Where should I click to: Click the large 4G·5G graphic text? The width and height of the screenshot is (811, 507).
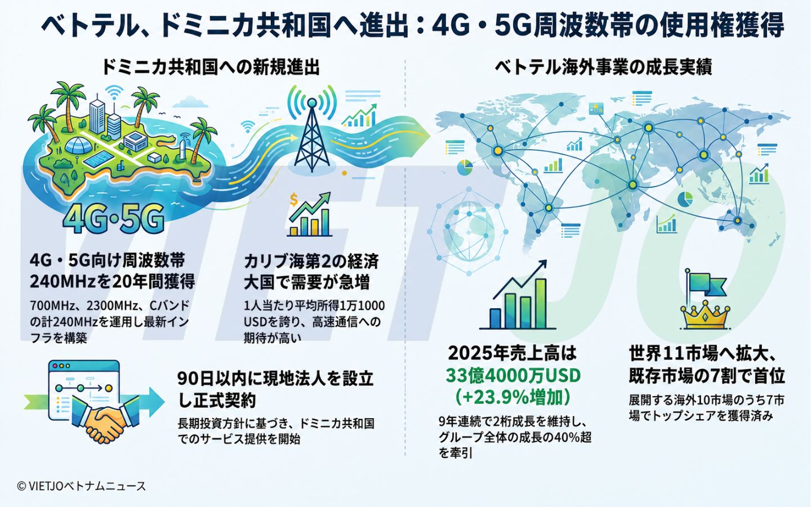point(113,218)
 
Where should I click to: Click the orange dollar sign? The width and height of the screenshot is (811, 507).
point(293,199)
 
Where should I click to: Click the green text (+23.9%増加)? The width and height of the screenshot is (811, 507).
point(513,397)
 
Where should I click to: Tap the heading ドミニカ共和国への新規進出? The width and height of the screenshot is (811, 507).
point(211,67)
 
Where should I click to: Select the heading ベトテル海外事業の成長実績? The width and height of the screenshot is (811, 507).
point(603,67)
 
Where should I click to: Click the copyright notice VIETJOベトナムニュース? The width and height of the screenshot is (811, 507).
point(81,486)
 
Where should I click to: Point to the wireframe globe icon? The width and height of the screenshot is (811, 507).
point(468,231)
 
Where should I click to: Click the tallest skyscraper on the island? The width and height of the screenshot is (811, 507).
point(97,111)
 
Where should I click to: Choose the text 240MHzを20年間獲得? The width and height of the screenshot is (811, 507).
point(113,282)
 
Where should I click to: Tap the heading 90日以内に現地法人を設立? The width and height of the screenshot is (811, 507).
point(275,379)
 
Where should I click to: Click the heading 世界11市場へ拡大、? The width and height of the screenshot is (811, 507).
point(702,354)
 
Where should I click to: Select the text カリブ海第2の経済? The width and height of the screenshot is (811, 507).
point(311,261)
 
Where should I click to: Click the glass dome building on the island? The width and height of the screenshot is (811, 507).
point(78,145)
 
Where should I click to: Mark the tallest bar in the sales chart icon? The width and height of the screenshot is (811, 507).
point(541,303)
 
